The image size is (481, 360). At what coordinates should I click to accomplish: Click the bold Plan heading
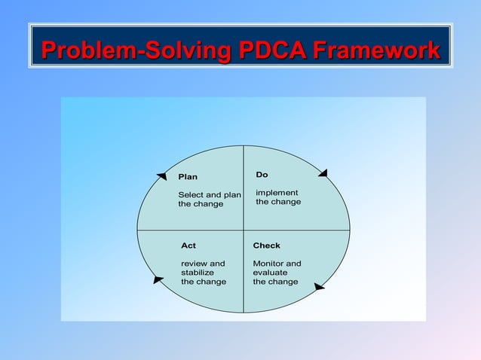click(x=188, y=177)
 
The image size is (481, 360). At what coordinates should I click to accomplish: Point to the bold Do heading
click(x=262, y=175)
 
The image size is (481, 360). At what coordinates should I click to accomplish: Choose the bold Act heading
click(x=188, y=246)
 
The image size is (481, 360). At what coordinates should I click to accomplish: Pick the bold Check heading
click(x=267, y=246)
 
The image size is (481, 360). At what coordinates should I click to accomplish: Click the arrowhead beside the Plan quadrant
click(x=162, y=176)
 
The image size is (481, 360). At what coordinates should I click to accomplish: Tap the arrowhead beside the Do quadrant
click(x=323, y=173)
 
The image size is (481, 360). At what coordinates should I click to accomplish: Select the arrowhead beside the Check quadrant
click(x=320, y=287)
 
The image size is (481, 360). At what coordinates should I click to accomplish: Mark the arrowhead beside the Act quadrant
click(x=158, y=280)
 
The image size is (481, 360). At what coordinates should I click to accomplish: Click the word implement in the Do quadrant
click(x=277, y=193)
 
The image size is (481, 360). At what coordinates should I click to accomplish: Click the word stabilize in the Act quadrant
click(x=198, y=273)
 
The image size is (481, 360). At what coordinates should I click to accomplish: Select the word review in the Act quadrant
click(x=194, y=264)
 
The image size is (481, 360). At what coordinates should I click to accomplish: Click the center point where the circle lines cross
click(x=244, y=229)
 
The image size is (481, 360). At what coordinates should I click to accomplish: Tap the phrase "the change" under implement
click(x=278, y=202)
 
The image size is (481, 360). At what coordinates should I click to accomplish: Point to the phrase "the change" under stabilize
click(x=204, y=282)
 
